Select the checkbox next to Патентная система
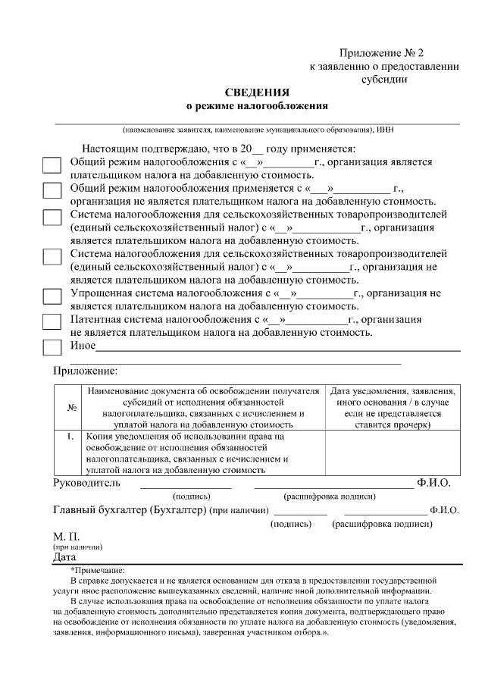click(52, 321)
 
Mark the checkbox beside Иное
click(52, 347)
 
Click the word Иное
click(83, 346)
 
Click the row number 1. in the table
click(70, 437)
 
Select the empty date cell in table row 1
click(393, 453)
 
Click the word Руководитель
click(86, 482)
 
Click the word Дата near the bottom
click(65, 557)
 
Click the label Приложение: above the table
click(85, 371)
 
